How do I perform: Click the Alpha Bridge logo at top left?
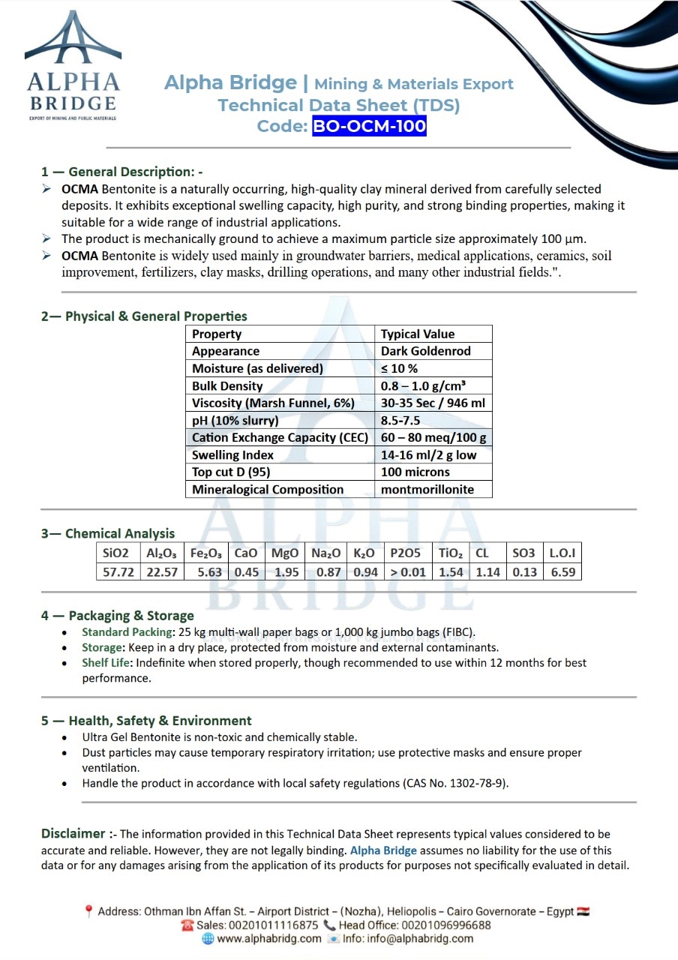(x=73, y=66)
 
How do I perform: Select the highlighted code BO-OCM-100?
(x=369, y=126)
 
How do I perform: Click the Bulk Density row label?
(x=227, y=386)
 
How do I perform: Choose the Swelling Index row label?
(x=232, y=455)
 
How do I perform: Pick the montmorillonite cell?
(x=427, y=490)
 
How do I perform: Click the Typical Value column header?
(x=418, y=334)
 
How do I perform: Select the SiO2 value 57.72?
(x=116, y=572)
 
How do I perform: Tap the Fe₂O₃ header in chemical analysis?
(x=206, y=553)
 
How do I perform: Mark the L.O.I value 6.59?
(x=562, y=572)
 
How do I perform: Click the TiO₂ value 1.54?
(x=451, y=572)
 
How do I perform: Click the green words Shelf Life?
(x=101, y=663)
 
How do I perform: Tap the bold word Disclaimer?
(x=73, y=833)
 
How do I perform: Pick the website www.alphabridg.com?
(x=269, y=938)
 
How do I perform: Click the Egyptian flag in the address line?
(x=583, y=912)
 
